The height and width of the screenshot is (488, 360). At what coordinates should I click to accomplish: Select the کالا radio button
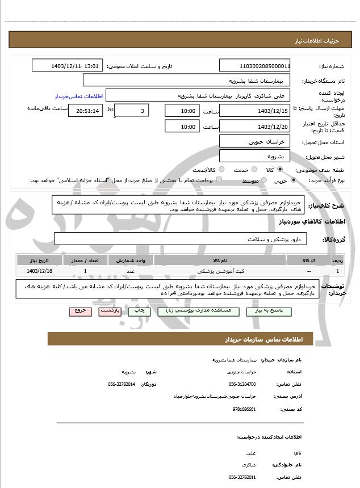(x=280, y=170)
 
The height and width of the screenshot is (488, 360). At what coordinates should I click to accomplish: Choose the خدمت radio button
(x=253, y=170)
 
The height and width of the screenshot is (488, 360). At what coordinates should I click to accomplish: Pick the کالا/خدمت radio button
(x=222, y=170)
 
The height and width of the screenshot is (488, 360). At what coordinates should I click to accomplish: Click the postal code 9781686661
(x=245, y=408)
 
